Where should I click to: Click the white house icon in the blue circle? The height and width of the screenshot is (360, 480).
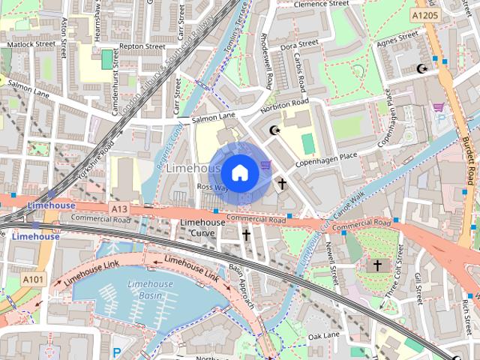click(x=239, y=172)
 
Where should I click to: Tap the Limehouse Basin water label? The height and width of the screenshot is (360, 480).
click(x=151, y=289)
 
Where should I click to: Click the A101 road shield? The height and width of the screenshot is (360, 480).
click(x=32, y=279)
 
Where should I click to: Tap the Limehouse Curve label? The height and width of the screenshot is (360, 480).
click(x=202, y=228)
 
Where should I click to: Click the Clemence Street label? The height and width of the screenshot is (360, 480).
click(x=321, y=4)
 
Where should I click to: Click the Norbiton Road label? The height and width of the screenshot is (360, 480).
click(x=284, y=106)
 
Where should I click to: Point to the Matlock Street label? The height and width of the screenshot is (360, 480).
click(x=31, y=44)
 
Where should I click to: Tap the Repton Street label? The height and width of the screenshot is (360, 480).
click(x=142, y=46)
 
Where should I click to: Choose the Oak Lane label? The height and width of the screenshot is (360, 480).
click(x=324, y=335)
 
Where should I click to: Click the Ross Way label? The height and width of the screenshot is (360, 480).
click(x=211, y=187)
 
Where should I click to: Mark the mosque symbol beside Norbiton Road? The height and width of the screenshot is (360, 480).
click(x=274, y=130)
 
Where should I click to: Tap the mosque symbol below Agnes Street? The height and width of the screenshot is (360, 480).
click(x=421, y=69)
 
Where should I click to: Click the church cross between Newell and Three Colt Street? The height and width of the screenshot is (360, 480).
click(x=377, y=265)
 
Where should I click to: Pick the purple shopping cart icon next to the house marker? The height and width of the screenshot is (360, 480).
click(x=264, y=164)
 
